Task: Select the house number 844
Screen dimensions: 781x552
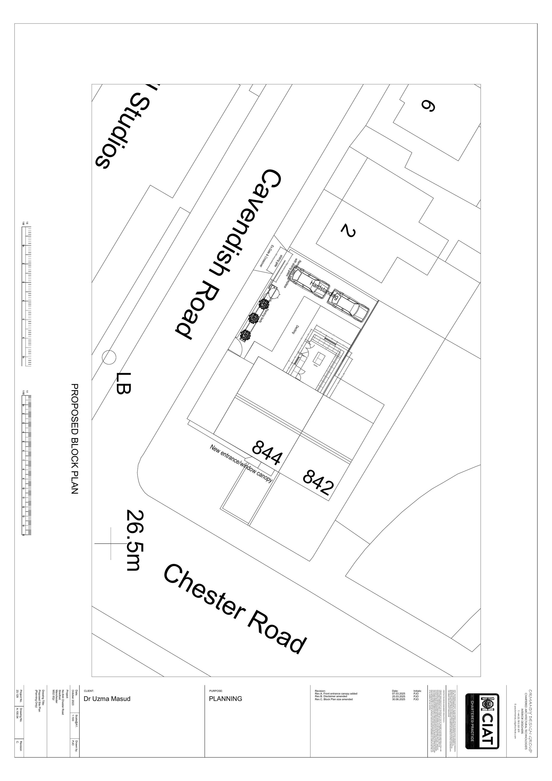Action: point(267,452)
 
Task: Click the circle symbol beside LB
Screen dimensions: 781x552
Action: point(109,357)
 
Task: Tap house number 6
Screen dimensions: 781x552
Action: point(428,106)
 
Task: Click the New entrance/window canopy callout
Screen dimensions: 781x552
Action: point(241,463)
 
